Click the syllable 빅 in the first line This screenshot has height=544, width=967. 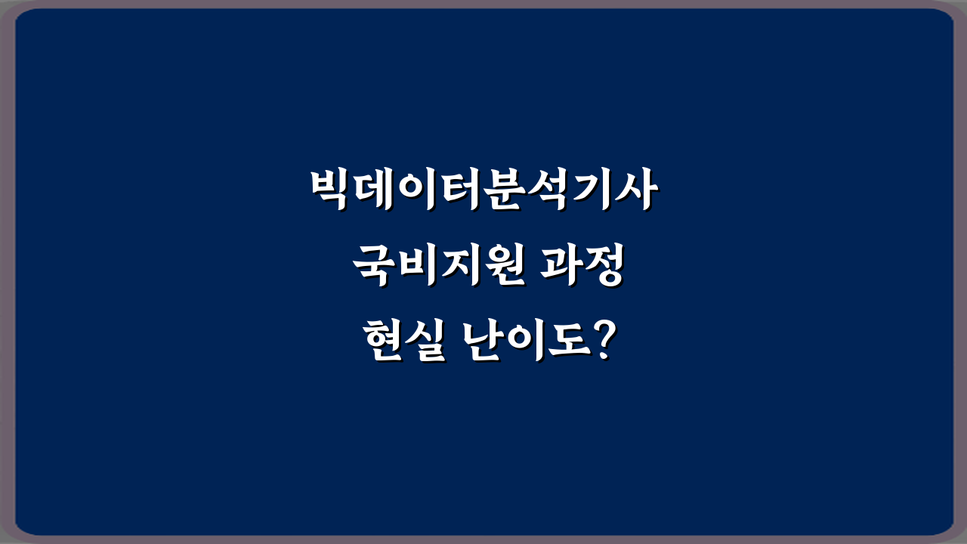coord(332,193)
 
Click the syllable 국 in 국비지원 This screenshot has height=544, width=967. coord(375,267)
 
